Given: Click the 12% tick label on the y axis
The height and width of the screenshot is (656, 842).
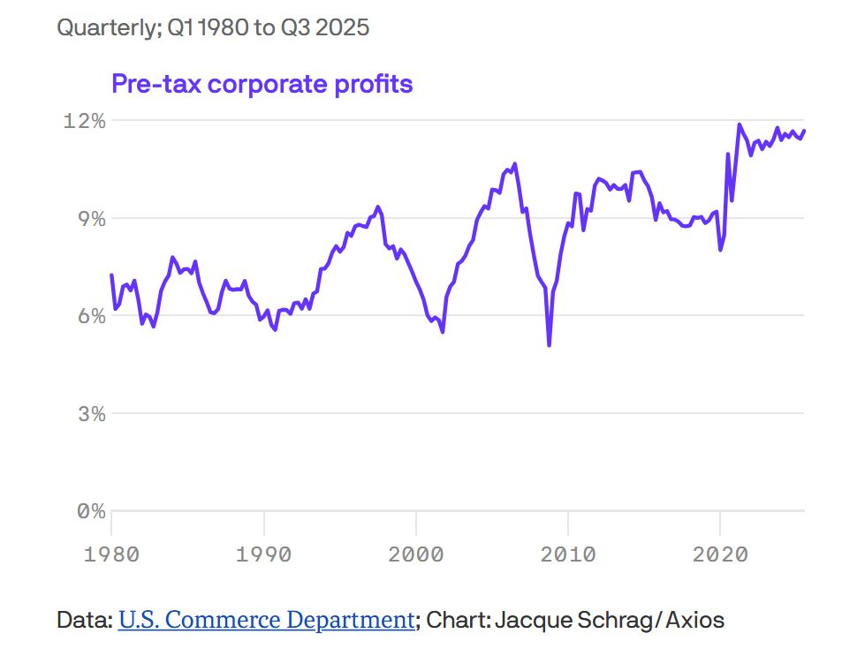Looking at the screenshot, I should tap(84, 121).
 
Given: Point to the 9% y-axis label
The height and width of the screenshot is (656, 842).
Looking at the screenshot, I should tap(89, 218).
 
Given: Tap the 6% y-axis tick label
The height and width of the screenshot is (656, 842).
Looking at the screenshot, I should tap(89, 316).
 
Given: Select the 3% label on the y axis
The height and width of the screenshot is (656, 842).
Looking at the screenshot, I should tap(89, 413).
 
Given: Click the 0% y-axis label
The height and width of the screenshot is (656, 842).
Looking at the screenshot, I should tap(89, 511).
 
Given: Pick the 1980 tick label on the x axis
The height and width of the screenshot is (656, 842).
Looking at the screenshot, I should tap(110, 554).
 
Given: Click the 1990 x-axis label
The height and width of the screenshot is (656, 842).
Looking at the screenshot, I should tap(263, 554).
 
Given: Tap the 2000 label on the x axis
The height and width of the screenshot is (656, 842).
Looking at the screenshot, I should tap(415, 554).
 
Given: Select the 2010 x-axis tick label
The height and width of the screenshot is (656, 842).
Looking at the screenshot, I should tap(567, 554).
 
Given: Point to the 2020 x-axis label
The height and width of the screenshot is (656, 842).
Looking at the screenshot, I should tap(719, 554).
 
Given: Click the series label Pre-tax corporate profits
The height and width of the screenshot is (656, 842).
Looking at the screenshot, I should tap(262, 84).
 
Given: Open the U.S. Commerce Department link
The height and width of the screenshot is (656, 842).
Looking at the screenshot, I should tap(266, 620).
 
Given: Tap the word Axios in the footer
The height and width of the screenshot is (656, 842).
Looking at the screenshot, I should tap(695, 620).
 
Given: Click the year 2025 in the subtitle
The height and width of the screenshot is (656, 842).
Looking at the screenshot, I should tap(341, 27).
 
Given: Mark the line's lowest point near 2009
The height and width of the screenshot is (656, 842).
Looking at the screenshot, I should tap(549, 345).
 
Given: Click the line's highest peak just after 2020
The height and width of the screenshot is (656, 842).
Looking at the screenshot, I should tap(740, 124).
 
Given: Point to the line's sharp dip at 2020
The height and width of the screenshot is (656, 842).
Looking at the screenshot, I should tap(721, 250).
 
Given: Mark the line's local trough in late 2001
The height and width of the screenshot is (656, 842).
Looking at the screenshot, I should tap(442, 332).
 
